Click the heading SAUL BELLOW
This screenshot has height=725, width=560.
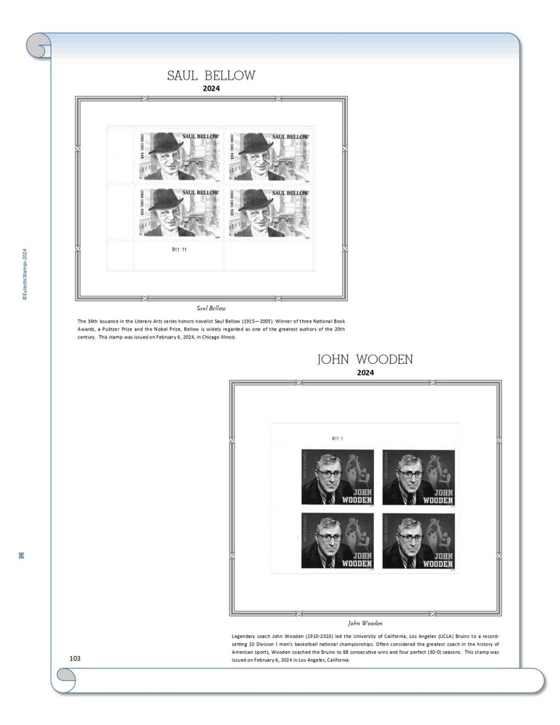click(211, 75)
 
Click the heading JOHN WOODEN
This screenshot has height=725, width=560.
click(365, 360)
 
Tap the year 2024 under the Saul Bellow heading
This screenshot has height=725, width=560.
click(211, 89)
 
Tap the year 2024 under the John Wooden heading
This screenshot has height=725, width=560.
click(365, 373)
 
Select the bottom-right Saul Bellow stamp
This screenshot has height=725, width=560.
click(269, 212)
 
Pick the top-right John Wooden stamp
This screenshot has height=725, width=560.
click(419, 477)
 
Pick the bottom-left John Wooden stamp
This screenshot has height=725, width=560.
click(337, 541)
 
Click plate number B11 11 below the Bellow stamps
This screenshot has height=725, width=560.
click(179, 249)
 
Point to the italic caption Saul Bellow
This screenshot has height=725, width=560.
click(211, 308)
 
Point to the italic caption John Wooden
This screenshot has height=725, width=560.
click(365, 623)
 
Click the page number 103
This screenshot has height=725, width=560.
click(75, 658)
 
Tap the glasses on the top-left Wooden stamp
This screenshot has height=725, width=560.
click(329, 473)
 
